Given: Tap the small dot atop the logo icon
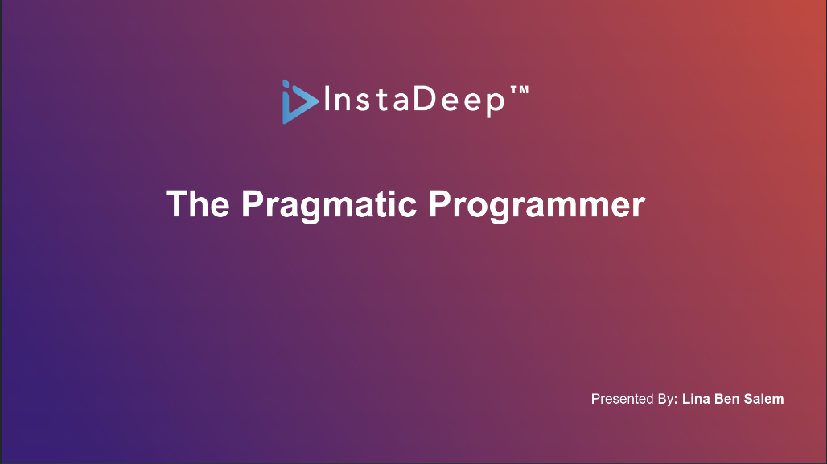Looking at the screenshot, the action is [x=286, y=82].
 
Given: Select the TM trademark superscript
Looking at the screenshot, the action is [x=520, y=90].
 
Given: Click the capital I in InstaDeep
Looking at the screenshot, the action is [x=327, y=99].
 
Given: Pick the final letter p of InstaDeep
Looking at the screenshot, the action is [x=495, y=105].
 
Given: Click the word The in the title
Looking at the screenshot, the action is [x=198, y=203].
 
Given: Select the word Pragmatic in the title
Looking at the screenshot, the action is [x=329, y=206].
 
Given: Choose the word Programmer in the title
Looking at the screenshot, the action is [x=537, y=206].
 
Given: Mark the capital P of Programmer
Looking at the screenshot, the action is [x=439, y=203].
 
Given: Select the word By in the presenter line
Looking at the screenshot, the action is [x=665, y=400].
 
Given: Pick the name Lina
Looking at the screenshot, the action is [x=696, y=399].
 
